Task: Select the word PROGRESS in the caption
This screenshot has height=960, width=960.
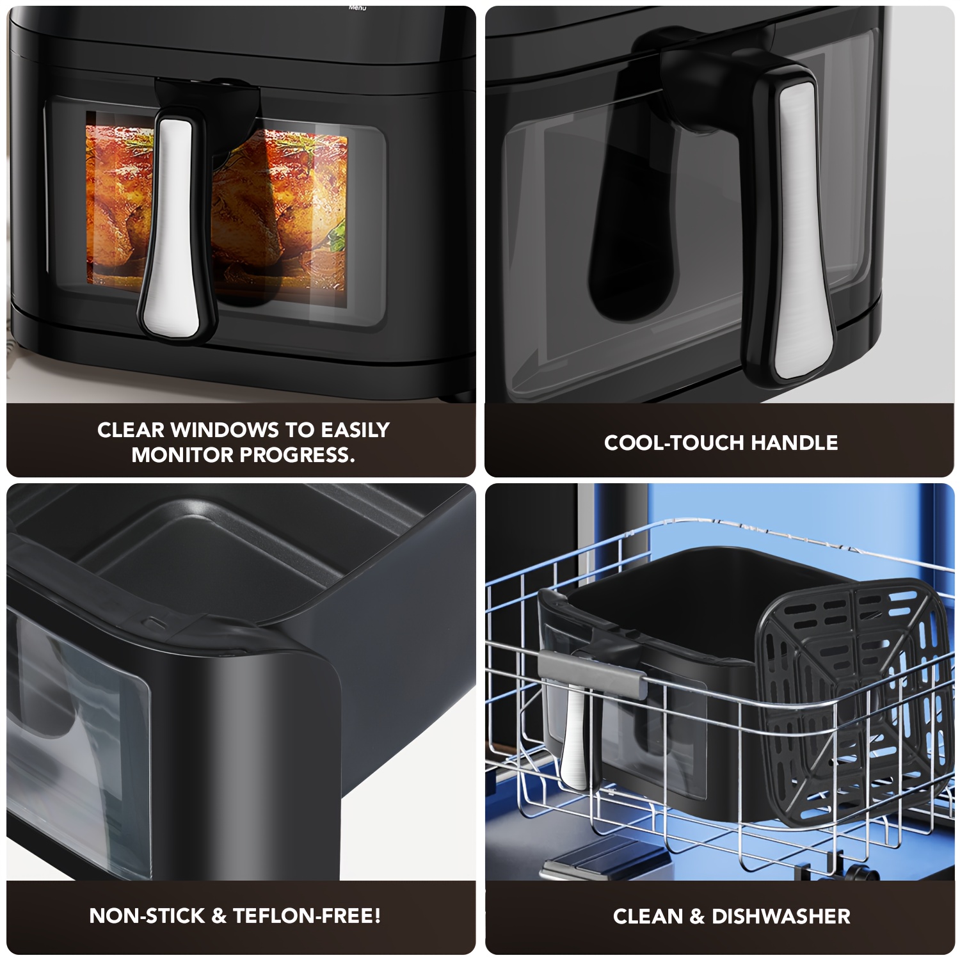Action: tap(297, 455)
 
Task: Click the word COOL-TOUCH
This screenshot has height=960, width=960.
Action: tap(674, 443)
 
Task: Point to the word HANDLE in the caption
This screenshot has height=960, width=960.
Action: tap(794, 443)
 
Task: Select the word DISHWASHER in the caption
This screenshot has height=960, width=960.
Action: tap(781, 916)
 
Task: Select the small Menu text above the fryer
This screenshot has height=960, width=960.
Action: tap(358, 8)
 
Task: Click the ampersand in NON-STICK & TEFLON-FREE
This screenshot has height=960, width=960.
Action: tap(219, 916)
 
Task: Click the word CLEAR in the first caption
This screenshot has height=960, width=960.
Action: tap(131, 429)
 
